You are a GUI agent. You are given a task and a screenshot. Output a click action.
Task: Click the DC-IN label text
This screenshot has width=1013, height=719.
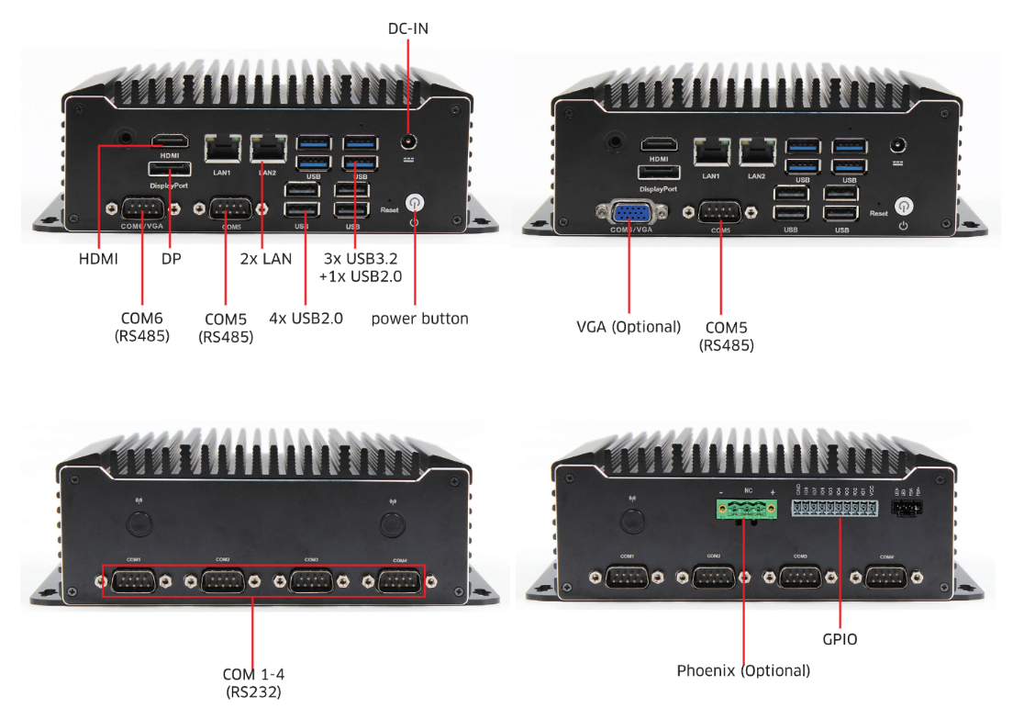point(408,28)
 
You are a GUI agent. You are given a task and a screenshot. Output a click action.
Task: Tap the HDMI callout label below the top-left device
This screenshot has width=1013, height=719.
point(98,259)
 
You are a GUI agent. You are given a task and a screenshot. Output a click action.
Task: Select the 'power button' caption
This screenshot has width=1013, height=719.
point(419,319)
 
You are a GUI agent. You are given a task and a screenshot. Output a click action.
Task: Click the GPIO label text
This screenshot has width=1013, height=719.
point(840,638)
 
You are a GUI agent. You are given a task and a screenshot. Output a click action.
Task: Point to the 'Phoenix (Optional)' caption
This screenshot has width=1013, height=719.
point(743,670)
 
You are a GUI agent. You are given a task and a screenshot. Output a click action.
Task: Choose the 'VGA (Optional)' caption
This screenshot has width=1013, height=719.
point(629,327)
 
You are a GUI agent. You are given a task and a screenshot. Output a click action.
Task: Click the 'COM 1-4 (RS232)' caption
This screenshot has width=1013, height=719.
point(252,682)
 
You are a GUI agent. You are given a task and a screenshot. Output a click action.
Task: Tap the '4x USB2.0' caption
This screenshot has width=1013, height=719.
point(306,319)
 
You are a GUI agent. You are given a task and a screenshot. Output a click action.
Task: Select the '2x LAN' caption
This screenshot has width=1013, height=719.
point(266,259)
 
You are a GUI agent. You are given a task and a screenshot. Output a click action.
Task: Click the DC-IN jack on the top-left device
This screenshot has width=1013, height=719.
point(408,142)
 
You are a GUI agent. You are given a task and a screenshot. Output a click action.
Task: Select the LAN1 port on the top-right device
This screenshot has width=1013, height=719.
point(712,151)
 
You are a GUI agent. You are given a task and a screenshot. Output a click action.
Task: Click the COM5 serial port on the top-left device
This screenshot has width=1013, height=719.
point(231,208)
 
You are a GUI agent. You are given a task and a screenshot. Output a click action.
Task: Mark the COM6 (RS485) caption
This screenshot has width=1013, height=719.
point(142,327)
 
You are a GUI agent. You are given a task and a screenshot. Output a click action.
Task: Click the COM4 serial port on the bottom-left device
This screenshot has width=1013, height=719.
point(399,582)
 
